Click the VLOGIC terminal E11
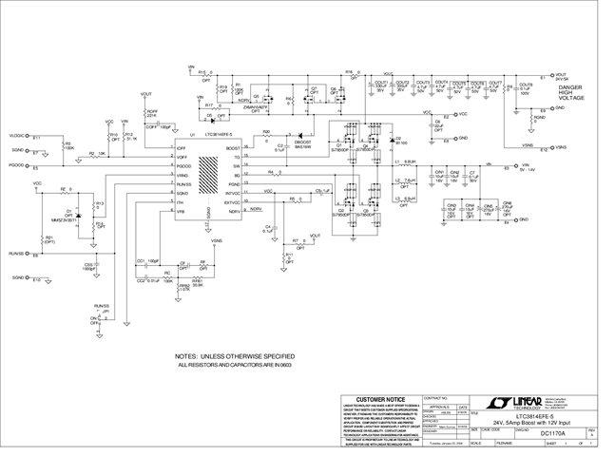coord(34,138)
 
